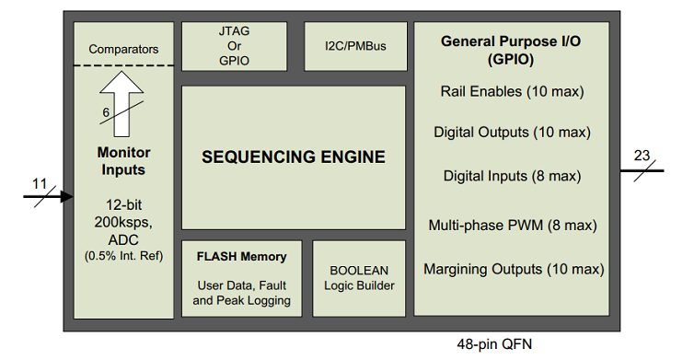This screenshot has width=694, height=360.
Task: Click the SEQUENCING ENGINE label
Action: point(294,157)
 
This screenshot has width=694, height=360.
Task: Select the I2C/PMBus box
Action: point(355,46)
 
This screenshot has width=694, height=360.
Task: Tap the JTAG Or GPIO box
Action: point(234,46)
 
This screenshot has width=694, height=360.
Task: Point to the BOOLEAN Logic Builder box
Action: point(359,279)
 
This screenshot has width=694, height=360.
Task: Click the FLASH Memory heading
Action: point(242,257)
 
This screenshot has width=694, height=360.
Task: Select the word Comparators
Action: point(123,49)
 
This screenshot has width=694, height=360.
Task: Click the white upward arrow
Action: point(121,104)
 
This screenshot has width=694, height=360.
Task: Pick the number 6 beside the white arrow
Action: point(106,112)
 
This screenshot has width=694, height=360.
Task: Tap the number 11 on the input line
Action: point(40,183)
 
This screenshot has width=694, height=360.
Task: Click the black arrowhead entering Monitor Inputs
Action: point(67,196)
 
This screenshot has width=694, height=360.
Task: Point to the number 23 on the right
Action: point(642,156)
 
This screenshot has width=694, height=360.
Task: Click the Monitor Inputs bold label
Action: point(123,161)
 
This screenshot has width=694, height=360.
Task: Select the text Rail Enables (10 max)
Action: point(512,92)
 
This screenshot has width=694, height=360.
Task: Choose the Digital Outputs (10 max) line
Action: point(512,133)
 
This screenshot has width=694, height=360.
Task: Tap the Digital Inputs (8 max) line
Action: point(512,176)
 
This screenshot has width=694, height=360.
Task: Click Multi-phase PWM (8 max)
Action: point(513,226)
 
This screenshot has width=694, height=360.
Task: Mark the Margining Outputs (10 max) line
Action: point(514,269)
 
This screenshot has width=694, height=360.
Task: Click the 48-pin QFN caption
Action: point(494,344)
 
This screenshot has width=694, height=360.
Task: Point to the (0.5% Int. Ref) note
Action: point(123,256)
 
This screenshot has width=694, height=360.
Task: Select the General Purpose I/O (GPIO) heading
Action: point(511,50)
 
